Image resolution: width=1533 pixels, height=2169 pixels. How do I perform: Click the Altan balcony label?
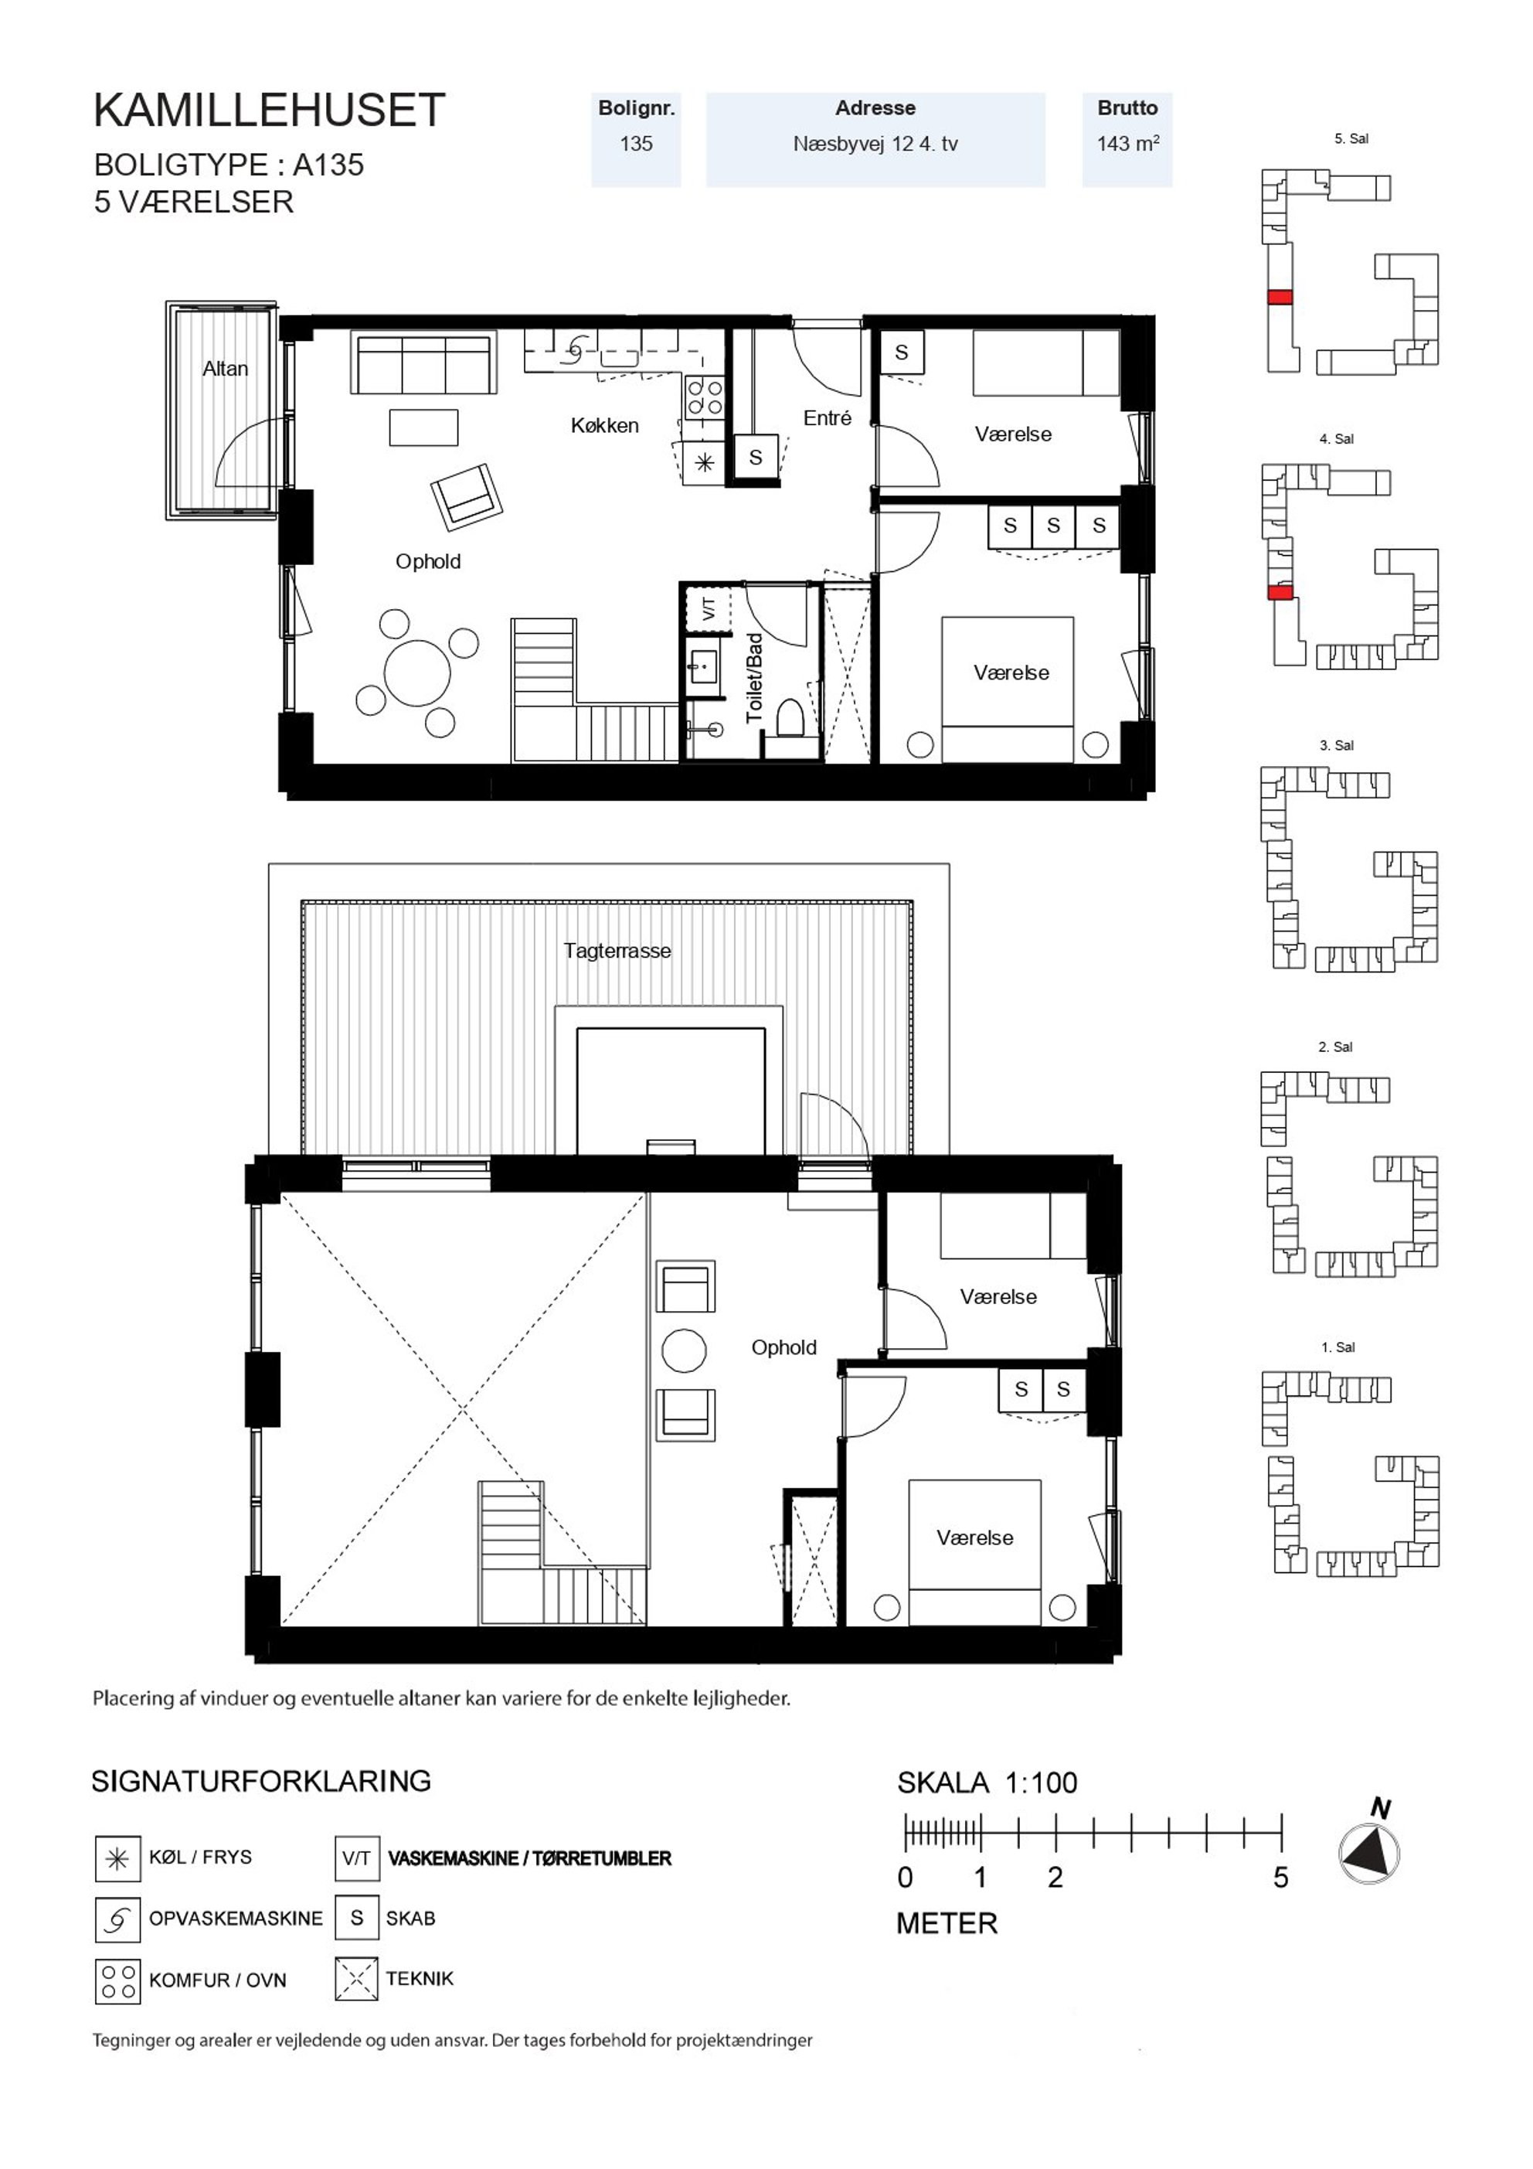tap(225, 369)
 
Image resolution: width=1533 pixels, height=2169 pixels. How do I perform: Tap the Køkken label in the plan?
tap(604, 426)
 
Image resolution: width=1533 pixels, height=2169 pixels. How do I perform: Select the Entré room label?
tap(828, 417)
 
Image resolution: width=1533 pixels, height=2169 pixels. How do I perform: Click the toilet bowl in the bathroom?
tap(790, 719)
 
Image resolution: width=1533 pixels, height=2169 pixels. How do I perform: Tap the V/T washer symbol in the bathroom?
tap(709, 609)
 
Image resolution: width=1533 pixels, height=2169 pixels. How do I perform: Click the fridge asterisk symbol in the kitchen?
tap(705, 463)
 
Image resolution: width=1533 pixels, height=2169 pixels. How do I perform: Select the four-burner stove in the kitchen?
tap(704, 397)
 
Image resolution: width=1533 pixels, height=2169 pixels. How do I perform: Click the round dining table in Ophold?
tap(417, 672)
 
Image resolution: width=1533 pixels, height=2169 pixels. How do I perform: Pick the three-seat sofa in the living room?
tap(424, 362)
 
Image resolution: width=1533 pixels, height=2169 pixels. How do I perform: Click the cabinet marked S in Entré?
tap(756, 458)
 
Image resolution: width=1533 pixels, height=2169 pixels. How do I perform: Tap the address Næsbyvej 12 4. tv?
tap(875, 144)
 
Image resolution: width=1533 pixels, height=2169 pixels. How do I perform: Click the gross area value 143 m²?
tap(1128, 144)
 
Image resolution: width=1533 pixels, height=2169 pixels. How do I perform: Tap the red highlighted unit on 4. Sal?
tap(1280, 592)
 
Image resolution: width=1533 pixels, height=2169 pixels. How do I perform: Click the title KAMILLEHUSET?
tap(269, 111)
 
